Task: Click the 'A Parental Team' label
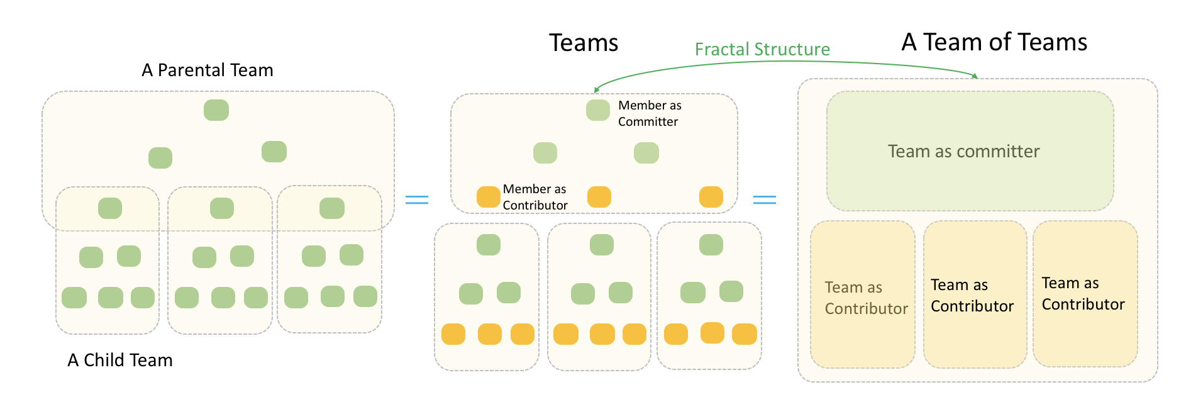pos(208,70)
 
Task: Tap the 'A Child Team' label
pos(120,360)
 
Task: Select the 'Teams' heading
pos(584,43)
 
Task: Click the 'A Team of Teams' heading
pos(994,42)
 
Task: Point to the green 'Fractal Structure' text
pos(762,49)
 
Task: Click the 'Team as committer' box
pos(970,151)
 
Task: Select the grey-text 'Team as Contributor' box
pos(863,294)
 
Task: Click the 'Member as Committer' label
pos(650,113)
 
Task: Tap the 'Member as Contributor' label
pos(535,197)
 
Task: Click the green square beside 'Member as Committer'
pos(598,110)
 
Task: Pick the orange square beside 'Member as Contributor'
pos(489,197)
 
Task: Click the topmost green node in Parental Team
pos(216,110)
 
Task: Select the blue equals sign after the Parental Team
pos(417,200)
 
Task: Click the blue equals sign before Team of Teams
pos(765,200)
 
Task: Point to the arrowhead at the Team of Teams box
pos(975,76)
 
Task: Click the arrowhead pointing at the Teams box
pos(597,90)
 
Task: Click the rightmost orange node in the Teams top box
pos(711,197)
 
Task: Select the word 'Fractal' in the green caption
pos(724,49)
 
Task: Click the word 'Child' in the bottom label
pos(104,360)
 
